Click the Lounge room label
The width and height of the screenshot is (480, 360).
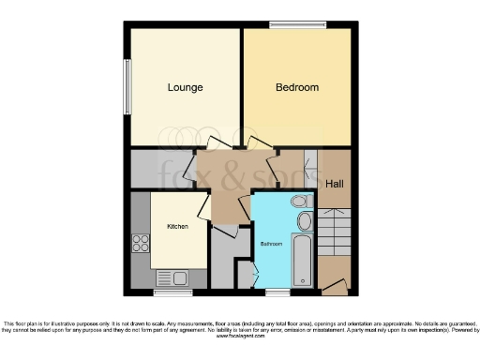[185, 88]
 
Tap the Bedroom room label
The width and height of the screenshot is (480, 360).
[296, 88]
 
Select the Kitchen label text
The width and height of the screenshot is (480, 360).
[177, 227]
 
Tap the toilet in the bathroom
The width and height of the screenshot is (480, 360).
[299, 201]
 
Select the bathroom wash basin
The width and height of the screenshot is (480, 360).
[305, 222]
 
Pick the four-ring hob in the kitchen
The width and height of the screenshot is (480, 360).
[141, 244]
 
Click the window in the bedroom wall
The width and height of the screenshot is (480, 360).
[296, 25]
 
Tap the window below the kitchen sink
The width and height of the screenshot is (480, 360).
[172, 292]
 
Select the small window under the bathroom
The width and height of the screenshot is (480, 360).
[277, 292]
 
